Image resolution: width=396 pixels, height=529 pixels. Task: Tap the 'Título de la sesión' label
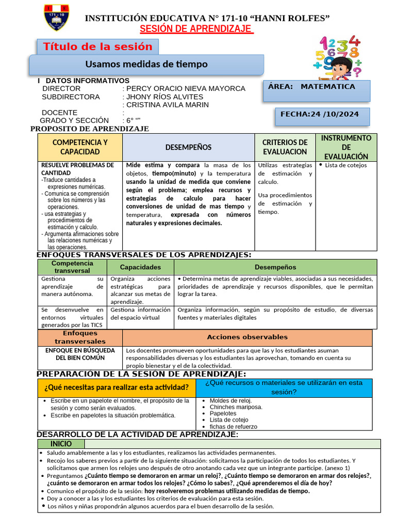click(97, 46)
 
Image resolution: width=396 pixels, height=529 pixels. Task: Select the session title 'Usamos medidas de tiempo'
click(146, 64)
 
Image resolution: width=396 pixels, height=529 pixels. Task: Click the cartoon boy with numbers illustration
click(338, 57)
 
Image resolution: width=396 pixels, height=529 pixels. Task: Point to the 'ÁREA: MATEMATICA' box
click(317, 90)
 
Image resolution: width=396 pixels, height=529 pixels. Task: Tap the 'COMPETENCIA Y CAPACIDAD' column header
click(80, 147)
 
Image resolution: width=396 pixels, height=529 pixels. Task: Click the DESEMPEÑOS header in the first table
click(188, 147)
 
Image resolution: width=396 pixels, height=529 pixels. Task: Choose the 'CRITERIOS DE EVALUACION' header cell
click(285, 147)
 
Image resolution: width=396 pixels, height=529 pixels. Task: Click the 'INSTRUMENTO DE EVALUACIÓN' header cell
click(346, 147)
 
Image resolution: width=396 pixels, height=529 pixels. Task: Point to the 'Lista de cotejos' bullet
click(346, 165)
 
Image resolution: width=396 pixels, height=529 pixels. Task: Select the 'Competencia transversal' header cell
click(72, 267)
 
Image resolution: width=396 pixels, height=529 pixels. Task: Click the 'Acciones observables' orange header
click(247, 337)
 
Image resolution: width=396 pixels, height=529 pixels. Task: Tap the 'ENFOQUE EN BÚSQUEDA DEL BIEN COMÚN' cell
click(80, 354)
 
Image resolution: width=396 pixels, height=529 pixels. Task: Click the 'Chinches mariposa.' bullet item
click(236, 407)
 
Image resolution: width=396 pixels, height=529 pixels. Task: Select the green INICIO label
click(61, 444)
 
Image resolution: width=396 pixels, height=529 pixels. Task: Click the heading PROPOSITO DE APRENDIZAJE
click(90, 129)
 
